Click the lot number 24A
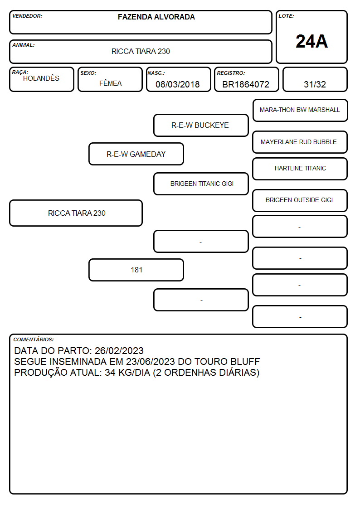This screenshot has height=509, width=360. [311, 42]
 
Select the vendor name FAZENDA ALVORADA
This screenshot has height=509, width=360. [156, 17]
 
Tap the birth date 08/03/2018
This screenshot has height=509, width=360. [177, 84]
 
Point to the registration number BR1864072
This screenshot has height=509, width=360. [246, 84]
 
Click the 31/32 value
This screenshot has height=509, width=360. [315, 84]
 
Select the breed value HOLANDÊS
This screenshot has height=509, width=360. [41, 78]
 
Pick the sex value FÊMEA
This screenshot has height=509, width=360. [110, 83]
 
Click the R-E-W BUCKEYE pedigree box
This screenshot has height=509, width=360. [201, 125]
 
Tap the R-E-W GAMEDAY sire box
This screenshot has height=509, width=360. [136, 154]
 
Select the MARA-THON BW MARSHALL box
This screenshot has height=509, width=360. [300, 111]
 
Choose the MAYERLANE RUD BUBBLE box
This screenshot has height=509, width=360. [300, 142]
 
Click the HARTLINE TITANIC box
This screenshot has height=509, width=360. [300, 169]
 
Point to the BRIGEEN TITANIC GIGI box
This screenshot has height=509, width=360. [201, 184]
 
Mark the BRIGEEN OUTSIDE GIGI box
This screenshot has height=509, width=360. [300, 200]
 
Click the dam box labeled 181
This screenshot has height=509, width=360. [136, 270]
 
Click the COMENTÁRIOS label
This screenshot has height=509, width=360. [34, 339]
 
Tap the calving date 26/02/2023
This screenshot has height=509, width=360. [119, 351]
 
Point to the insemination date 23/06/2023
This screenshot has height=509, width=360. [151, 362]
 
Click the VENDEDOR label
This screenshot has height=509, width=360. [27, 16]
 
